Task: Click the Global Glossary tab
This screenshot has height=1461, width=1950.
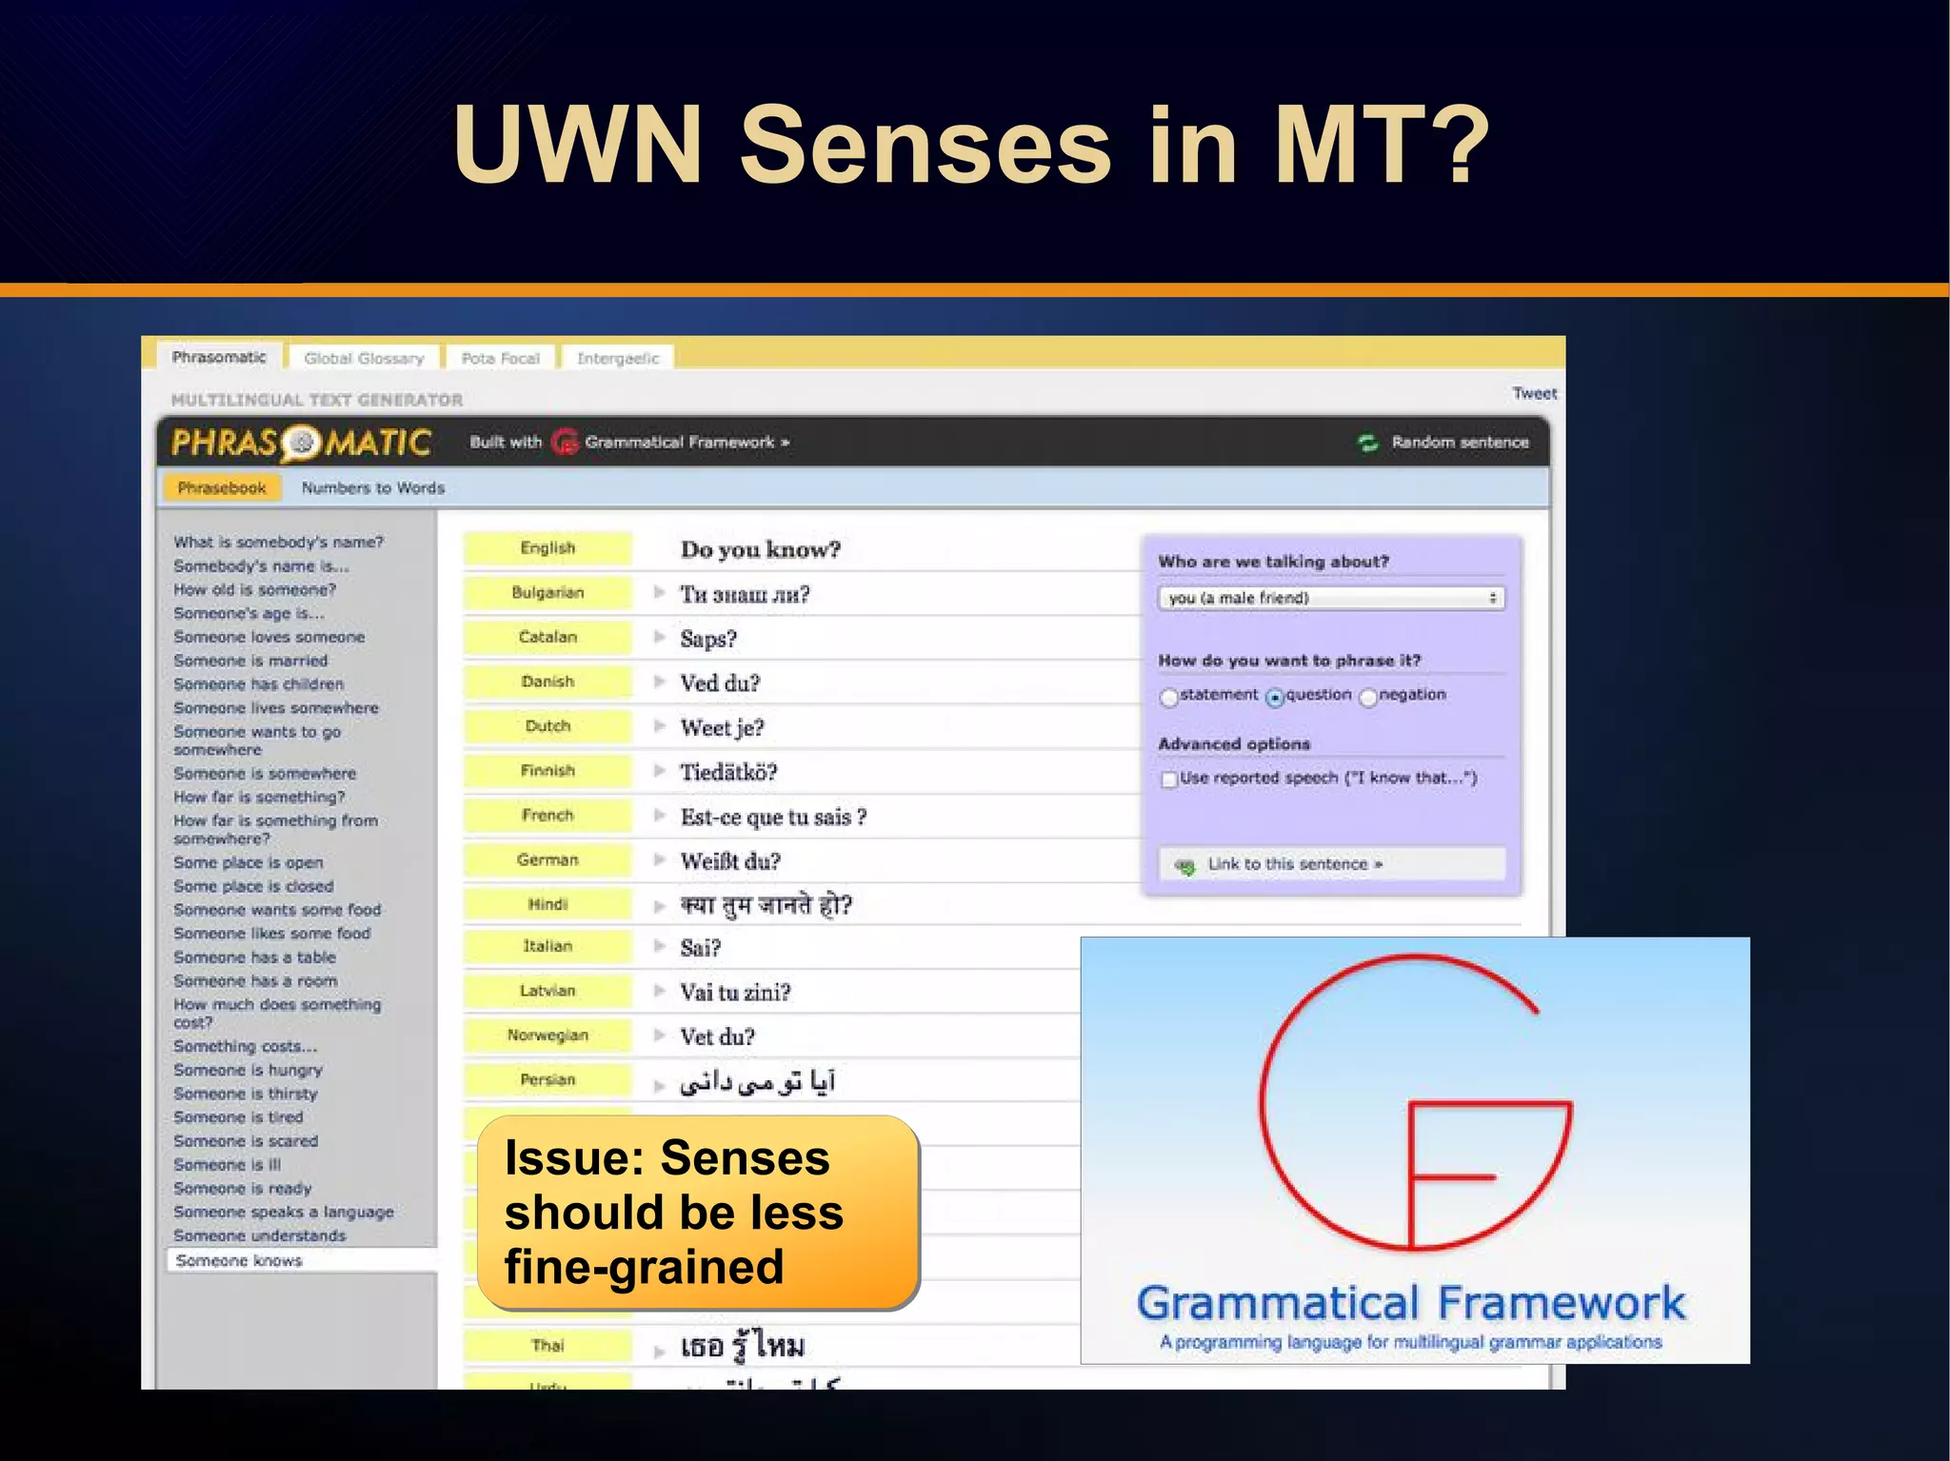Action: [x=364, y=359]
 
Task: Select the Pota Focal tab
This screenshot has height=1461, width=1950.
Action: [x=500, y=359]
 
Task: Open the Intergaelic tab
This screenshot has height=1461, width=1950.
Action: [x=618, y=359]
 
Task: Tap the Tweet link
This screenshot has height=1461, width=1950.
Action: [x=1534, y=393]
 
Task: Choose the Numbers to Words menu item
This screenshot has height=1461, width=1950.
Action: [x=373, y=488]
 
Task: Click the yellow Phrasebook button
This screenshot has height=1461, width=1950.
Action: [x=222, y=488]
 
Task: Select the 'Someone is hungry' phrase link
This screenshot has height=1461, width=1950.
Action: [x=248, y=1070]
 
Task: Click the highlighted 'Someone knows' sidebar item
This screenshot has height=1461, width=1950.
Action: [x=239, y=1260]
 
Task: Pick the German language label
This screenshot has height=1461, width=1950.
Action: [x=547, y=859]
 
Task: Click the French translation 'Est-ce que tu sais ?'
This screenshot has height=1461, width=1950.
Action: [x=773, y=817]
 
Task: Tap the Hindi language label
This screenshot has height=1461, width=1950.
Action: [x=547, y=904]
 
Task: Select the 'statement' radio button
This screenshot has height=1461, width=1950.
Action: [x=1169, y=697]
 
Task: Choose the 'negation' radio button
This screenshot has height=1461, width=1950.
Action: [x=1368, y=697]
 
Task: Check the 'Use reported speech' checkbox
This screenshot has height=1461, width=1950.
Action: [x=1169, y=780]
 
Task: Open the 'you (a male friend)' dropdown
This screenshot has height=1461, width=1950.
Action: [x=1331, y=598]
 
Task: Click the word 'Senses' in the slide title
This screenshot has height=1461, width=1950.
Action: [x=925, y=145]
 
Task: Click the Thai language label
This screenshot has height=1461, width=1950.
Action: [x=547, y=1345]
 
